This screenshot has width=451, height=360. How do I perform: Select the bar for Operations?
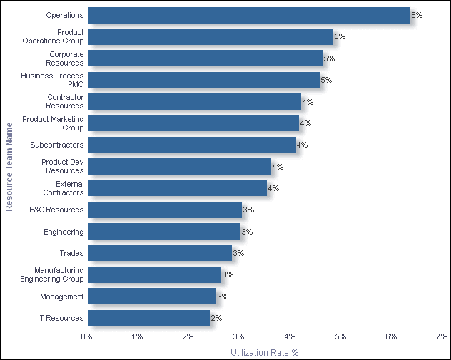(248, 15)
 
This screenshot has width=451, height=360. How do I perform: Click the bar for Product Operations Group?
(210, 36)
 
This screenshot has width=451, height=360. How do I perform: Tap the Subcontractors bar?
(191, 145)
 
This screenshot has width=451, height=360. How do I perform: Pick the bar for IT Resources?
(148, 318)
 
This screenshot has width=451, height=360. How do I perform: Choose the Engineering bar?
(163, 232)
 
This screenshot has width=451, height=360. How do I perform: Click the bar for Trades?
(159, 253)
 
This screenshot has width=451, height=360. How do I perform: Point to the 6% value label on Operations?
(417, 15)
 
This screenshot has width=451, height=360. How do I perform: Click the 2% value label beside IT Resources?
(216, 318)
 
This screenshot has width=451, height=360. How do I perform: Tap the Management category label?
(61, 297)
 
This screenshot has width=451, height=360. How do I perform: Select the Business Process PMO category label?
(52, 80)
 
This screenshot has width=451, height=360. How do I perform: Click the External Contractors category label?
(63, 188)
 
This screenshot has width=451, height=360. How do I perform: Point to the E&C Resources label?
(56, 210)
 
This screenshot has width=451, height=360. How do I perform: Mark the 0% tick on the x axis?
(87, 336)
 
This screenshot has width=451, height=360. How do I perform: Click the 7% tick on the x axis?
(442, 336)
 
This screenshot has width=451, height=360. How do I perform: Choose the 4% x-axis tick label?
(290, 336)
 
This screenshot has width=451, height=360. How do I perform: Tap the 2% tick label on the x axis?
(188, 336)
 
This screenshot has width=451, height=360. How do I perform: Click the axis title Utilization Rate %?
(265, 352)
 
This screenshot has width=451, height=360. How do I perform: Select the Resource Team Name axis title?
(9, 167)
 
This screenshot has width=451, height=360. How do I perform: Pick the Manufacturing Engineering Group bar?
(154, 274)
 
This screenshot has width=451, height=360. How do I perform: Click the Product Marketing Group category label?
(53, 123)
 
